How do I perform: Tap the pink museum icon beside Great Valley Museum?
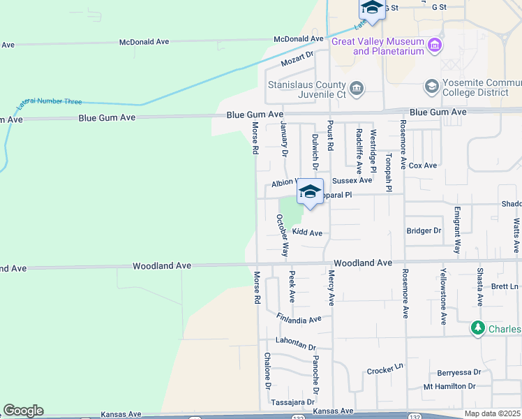pyautogui.click(x=435, y=45)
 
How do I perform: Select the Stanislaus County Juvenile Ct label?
pyautogui.click(x=307, y=89)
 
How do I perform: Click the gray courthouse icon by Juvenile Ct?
pyautogui.click(x=357, y=87)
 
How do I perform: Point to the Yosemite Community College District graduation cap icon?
pyautogui.click(x=431, y=86)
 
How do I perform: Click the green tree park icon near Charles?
pyautogui.click(x=478, y=328)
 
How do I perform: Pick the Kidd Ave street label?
pyautogui.click(x=307, y=233)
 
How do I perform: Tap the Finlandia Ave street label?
pyautogui.click(x=298, y=318)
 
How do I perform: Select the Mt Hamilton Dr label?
pyautogui.click(x=449, y=386)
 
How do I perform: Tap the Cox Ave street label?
pyautogui.click(x=422, y=166)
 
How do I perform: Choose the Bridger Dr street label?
pyautogui.click(x=424, y=230)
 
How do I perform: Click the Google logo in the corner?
pyautogui.click(x=23, y=411)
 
